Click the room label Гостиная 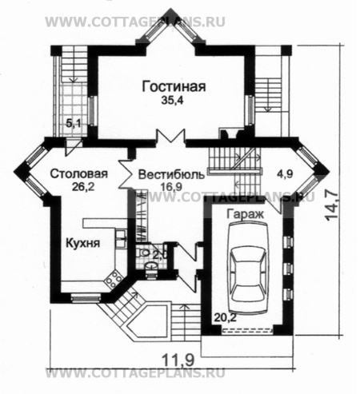coord(170,86)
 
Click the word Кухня coord(83,244)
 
